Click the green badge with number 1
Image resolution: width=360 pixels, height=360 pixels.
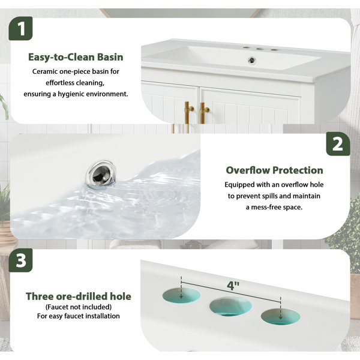click(x=20, y=28)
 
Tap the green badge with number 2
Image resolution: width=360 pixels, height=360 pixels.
click(x=338, y=144)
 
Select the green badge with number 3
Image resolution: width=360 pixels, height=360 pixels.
click(x=20, y=260)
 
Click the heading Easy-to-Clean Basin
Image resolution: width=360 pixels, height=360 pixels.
click(x=76, y=57)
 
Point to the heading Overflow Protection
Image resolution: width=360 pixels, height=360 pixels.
click(x=274, y=170)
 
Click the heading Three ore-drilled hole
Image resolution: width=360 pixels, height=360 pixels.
click(x=79, y=296)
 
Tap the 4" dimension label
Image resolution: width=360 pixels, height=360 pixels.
click(x=233, y=286)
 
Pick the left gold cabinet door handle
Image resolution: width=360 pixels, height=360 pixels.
click(x=189, y=113)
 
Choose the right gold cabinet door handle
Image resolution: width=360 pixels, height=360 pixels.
click(x=203, y=113)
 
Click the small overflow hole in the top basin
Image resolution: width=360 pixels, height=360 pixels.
click(x=252, y=60)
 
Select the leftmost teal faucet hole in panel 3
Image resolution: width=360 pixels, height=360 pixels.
click(x=181, y=295)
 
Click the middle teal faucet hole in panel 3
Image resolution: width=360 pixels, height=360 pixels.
click(x=230, y=306)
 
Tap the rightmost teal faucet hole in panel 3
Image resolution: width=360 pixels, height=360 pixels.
click(x=280, y=317)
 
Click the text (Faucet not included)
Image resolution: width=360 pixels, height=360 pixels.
click(x=79, y=307)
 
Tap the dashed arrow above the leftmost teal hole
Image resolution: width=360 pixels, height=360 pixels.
click(x=181, y=287)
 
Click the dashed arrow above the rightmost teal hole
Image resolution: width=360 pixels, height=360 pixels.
click(x=280, y=308)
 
